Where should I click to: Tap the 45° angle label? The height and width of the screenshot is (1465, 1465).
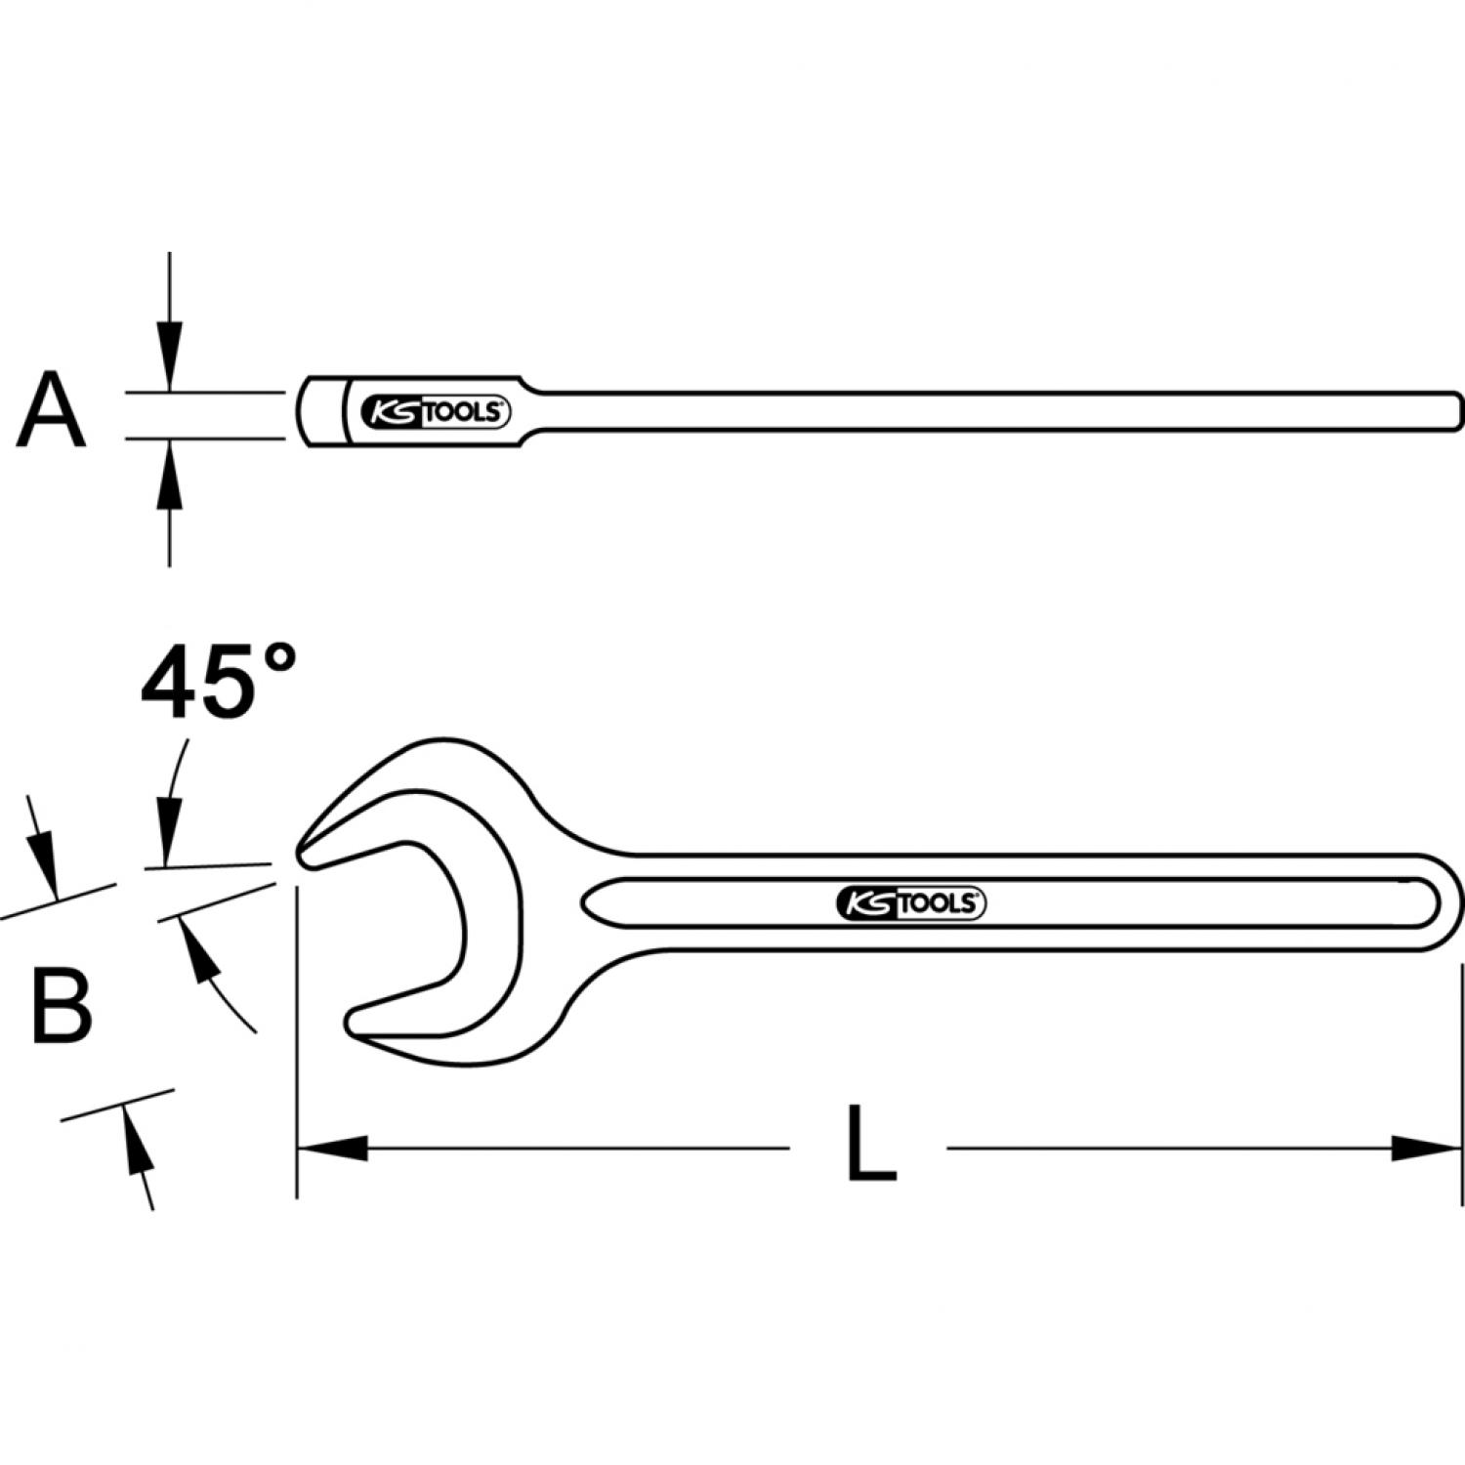[x=218, y=681]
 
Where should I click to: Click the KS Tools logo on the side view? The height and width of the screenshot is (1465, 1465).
[x=436, y=413]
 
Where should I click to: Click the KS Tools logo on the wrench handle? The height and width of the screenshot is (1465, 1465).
[x=911, y=903]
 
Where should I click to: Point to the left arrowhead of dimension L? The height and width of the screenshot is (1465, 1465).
[x=332, y=1149]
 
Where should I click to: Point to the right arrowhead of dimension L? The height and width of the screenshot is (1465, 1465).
[x=1427, y=1149]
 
